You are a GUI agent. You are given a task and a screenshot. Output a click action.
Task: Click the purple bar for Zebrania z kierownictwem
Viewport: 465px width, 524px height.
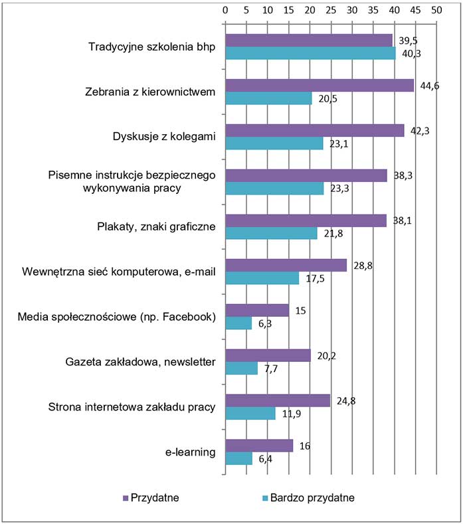[x=319, y=85]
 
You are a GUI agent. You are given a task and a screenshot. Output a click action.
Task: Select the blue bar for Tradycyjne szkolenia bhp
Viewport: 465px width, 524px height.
[x=310, y=53]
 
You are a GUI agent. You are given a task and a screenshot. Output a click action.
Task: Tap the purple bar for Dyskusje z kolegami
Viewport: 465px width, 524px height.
[x=314, y=130]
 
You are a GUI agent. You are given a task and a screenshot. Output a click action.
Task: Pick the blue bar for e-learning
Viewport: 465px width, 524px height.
[x=239, y=458]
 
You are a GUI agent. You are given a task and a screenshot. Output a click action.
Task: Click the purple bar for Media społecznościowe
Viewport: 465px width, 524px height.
[x=257, y=310]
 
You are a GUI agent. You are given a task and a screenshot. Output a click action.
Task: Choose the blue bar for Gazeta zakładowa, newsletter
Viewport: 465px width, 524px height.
[x=242, y=368]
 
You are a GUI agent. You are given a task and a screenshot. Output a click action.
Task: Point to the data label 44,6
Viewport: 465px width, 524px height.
[x=428, y=84]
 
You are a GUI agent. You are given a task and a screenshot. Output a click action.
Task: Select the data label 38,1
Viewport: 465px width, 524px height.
[x=400, y=219]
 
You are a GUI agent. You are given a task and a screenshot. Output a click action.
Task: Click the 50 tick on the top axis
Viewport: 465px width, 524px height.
[x=436, y=11]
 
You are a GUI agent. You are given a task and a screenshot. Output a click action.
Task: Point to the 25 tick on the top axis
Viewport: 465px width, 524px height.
[x=331, y=11]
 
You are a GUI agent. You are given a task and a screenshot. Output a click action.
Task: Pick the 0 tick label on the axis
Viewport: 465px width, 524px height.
[x=226, y=11]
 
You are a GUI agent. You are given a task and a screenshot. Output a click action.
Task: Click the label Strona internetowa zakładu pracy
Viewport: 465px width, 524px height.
[x=133, y=407]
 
